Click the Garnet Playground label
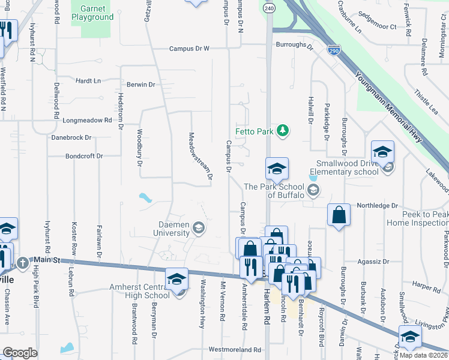(92, 13)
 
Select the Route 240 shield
(268, 8)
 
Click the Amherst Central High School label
(140, 291)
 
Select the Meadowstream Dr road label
(200, 156)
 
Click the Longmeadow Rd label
(87, 120)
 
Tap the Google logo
(20, 353)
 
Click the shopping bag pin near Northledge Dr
(339, 215)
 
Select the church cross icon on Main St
(23, 262)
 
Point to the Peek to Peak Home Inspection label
(418, 218)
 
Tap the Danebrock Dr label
(71, 137)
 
